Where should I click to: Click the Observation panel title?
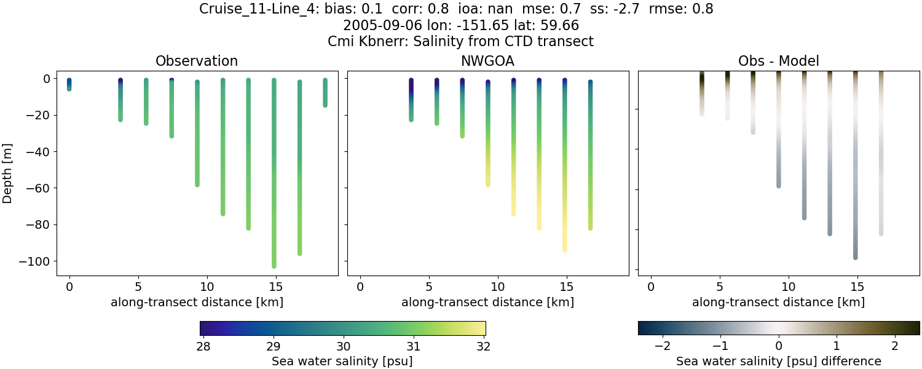click(x=197, y=61)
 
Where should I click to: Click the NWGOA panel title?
click(x=487, y=61)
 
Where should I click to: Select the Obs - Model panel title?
click(x=778, y=61)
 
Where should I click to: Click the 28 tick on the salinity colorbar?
click(x=203, y=346)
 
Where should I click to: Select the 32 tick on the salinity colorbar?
click(x=483, y=346)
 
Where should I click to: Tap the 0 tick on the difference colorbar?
click(x=779, y=346)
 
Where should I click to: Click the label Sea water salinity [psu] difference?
click(x=779, y=361)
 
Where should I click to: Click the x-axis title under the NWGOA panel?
click(x=487, y=303)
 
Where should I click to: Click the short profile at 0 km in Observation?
click(x=69, y=85)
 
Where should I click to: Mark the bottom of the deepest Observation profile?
click(x=274, y=266)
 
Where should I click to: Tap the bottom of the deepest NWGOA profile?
click(x=565, y=249)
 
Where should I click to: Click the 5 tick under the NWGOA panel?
click(x=429, y=286)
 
